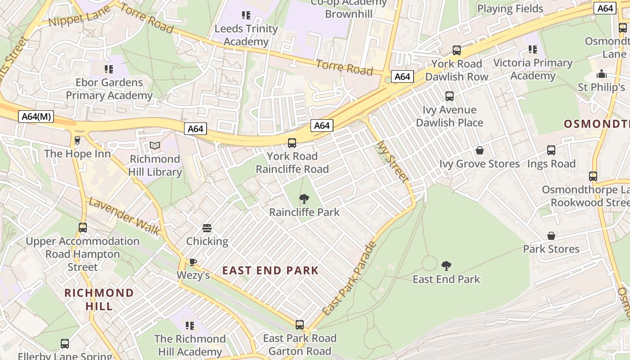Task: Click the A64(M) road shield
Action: (x=37, y=117)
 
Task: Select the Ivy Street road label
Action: (x=392, y=161)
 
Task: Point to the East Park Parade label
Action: (x=349, y=279)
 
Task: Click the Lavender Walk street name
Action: (x=124, y=216)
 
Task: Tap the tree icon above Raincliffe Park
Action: (x=304, y=198)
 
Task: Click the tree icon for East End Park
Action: (x=446, y=265)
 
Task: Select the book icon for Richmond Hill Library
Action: (x=155, y=146)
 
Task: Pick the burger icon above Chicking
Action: (x=207, y=228)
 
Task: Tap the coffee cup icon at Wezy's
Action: (x=193, y=262)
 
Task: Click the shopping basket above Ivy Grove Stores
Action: (x=480, y=150)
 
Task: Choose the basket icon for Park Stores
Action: (x=551, y=236)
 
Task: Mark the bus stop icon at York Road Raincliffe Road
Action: (x=292, y=143)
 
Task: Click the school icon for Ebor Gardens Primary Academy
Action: (x=108, y=69)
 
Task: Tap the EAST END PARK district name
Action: (x=270, y=270)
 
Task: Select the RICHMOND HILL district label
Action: (x=99, y=300)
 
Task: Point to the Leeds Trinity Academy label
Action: (x=246, y=35)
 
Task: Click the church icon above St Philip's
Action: (x=601, y=74)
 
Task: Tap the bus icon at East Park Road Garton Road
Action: (x=300, y=324)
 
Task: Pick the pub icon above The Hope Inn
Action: (x=77, y=140)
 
